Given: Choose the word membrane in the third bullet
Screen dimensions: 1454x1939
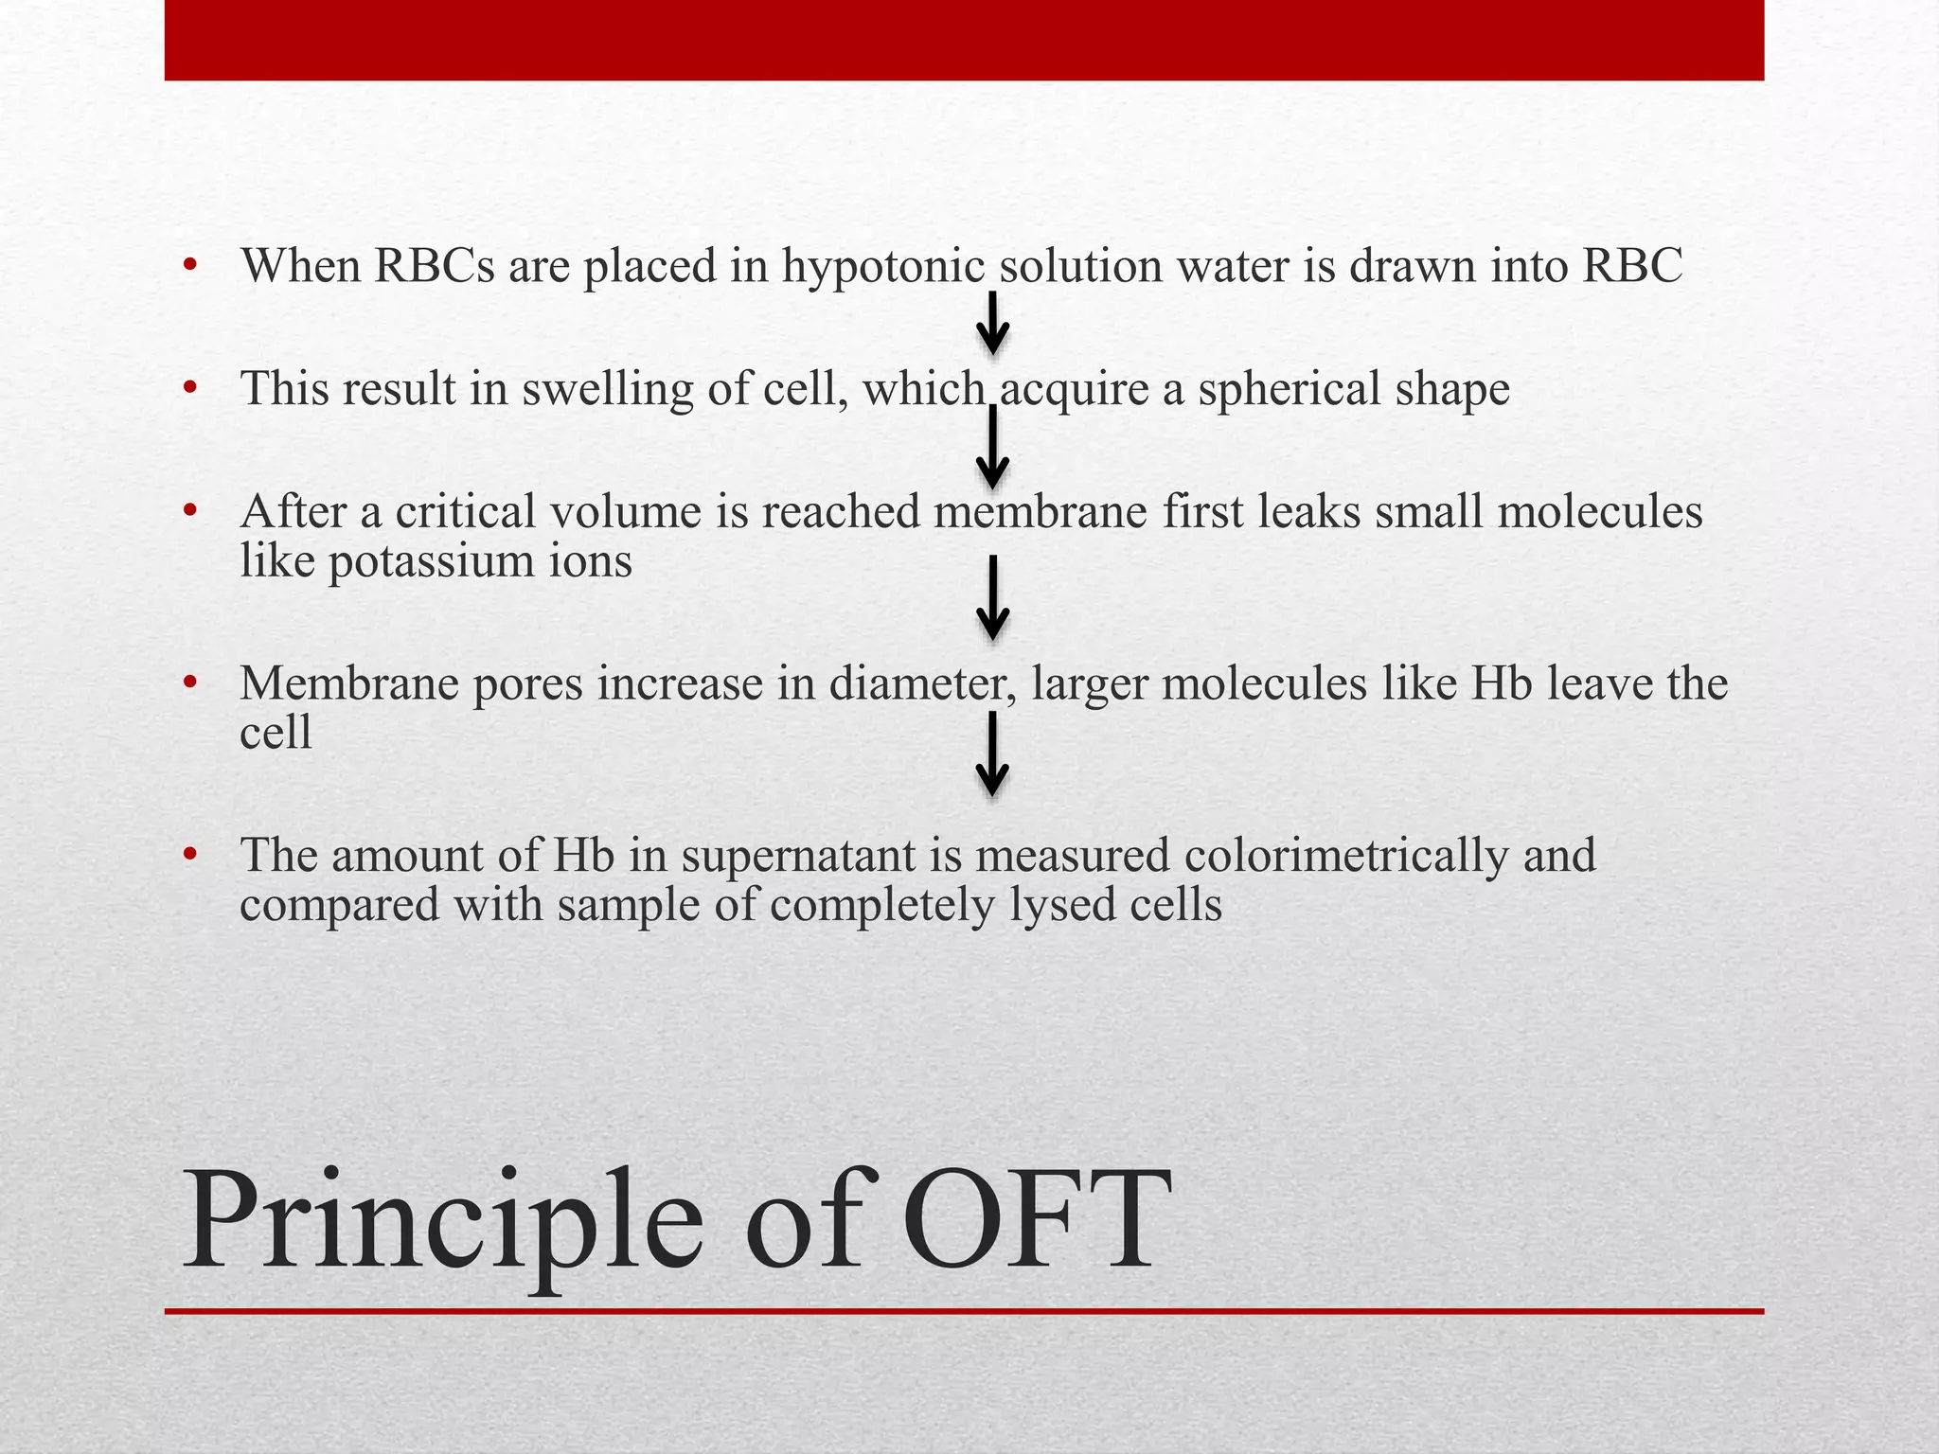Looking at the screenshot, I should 1041,512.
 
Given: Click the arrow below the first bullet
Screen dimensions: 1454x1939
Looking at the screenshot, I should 992,324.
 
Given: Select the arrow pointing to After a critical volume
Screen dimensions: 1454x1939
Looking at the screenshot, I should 992,446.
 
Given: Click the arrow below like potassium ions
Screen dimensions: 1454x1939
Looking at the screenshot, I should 992,598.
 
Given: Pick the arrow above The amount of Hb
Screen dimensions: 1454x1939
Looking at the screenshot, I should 992,754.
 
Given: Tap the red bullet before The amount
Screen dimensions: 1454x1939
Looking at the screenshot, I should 190,854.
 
